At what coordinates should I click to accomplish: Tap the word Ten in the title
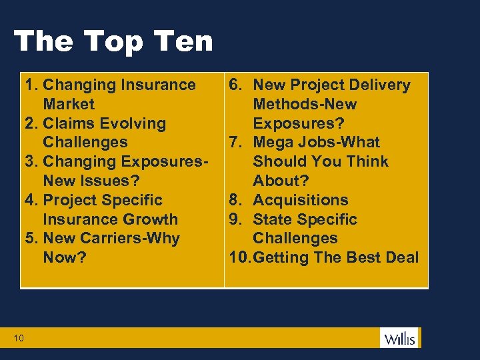tap(181, 41)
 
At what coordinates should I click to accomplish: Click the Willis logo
tap(399, 338)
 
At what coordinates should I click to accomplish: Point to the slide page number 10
tap(19, 339)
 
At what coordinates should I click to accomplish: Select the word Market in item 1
tap(69, 104)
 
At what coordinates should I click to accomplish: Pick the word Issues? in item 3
tap(109, 181)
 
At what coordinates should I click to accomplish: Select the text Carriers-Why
tap(130, 238)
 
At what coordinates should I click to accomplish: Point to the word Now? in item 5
tap(65, 257)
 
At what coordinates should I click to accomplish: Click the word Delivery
tap(377, 85)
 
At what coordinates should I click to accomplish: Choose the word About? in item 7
tap(281, 181)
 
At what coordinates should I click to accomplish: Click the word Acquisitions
tap(301, 200)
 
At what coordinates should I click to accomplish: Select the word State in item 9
tap(273, 219)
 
